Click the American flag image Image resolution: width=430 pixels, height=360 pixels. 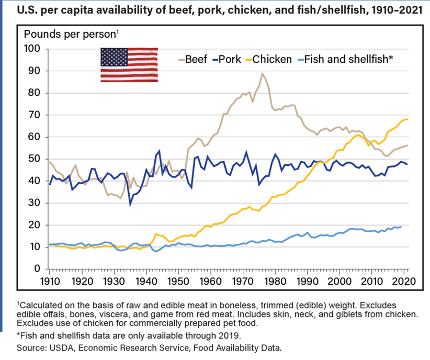[x=129, y=64]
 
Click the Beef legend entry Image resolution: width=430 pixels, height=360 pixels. [x=193, y=59]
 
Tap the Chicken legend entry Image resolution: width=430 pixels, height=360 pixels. [x=272, y=59]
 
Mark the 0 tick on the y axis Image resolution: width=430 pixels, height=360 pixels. [x=40, y=269]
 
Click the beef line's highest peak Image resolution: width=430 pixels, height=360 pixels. [x=262, y=74]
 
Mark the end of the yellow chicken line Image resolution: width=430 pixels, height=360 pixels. [x=408, y=119]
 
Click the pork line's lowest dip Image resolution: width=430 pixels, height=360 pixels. [x=130, y=204]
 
